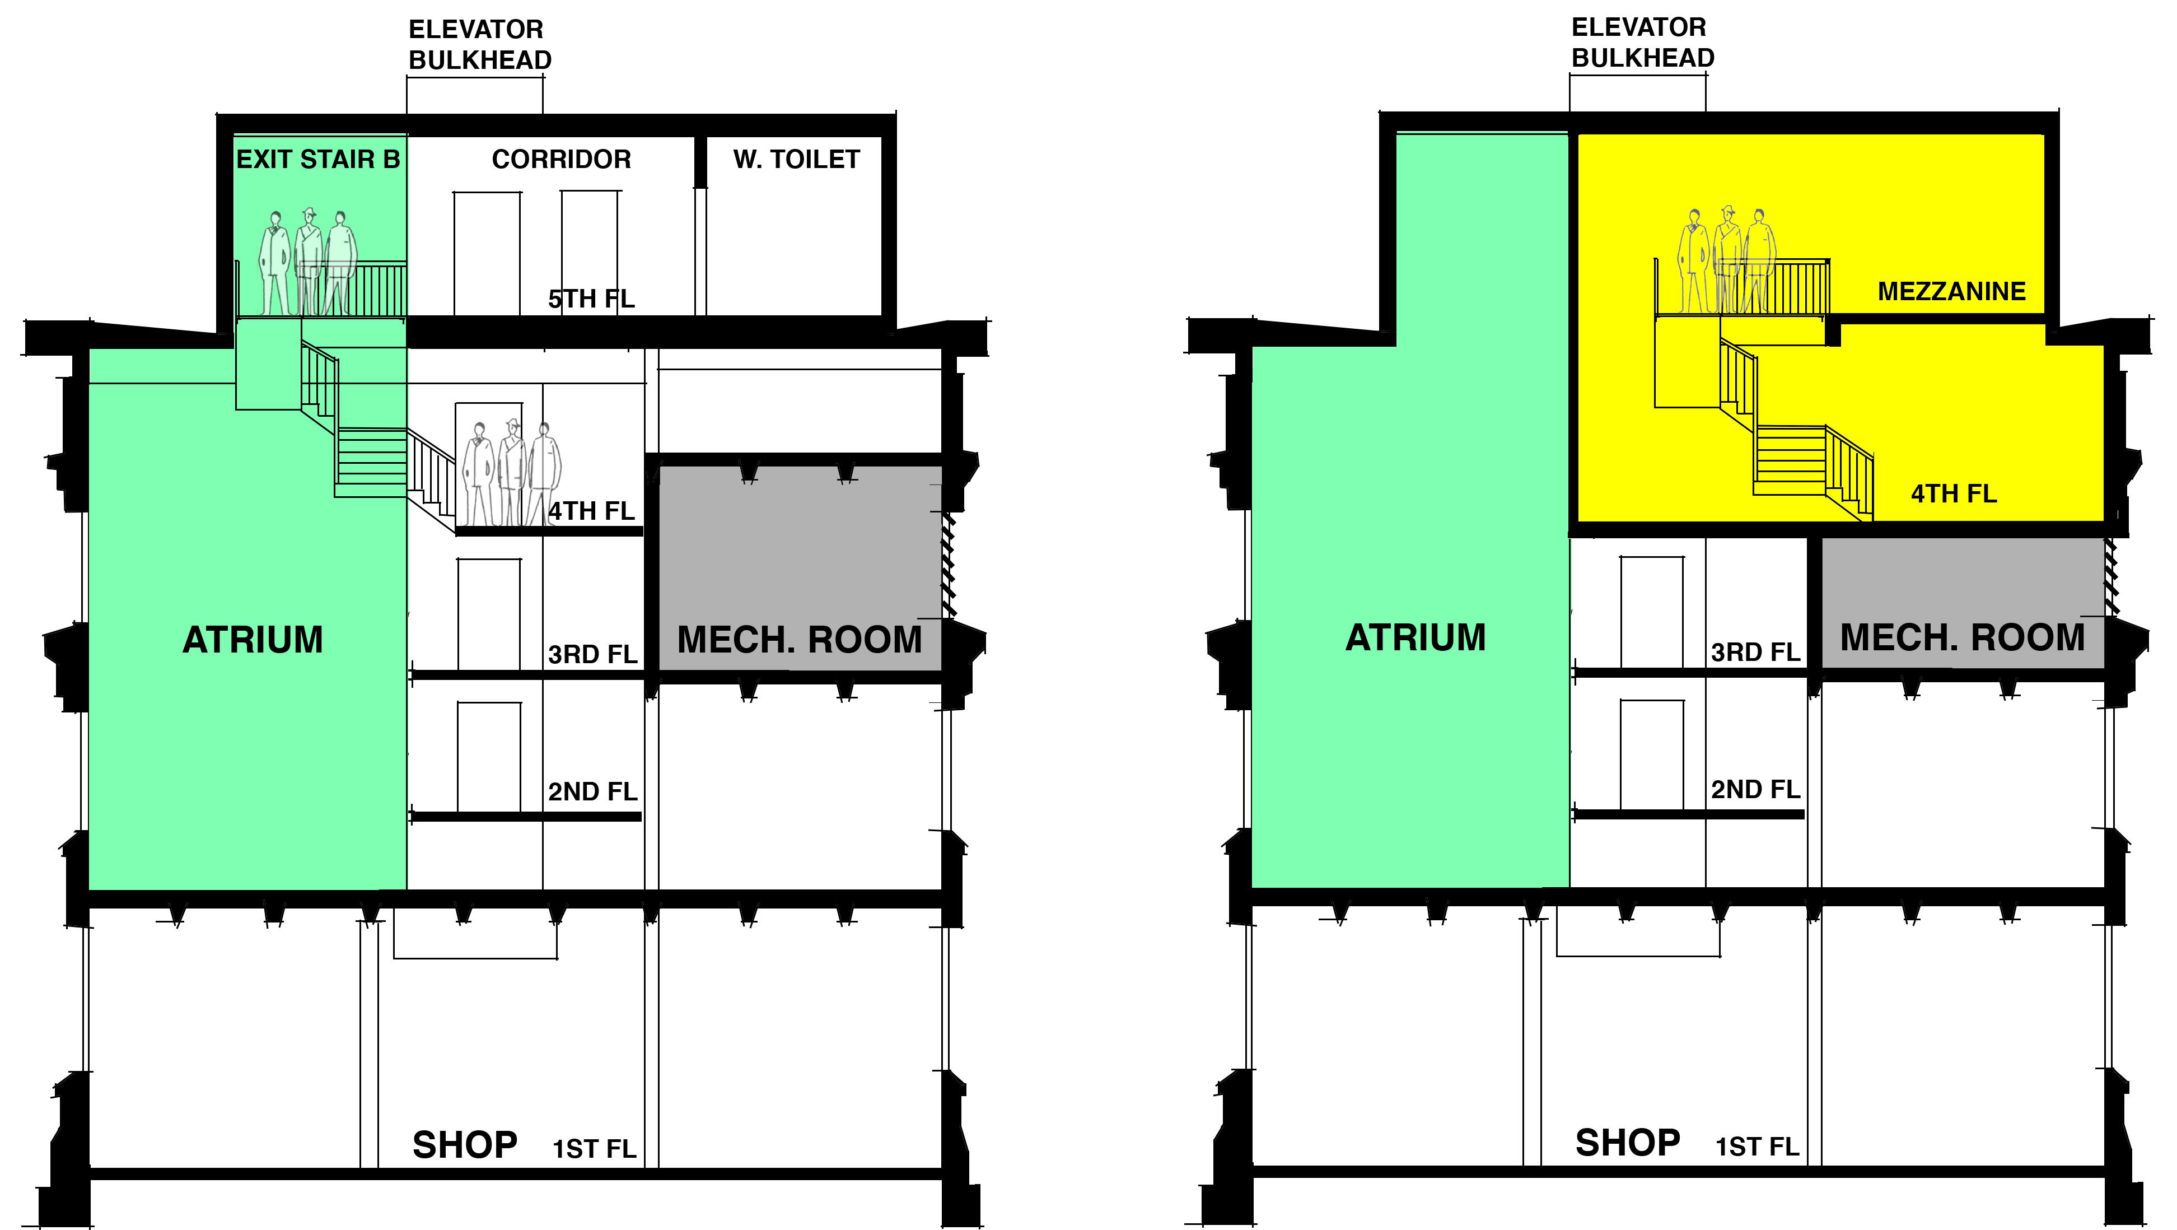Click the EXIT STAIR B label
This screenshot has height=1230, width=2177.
pos(318,159)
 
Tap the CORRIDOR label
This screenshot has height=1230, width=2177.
pos(561,159)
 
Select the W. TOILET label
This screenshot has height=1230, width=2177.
pos(796,159)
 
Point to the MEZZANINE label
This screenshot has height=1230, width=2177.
pos(1951,292)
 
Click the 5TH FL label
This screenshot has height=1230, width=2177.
pos(592,299)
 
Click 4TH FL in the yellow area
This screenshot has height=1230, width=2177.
pos(1954,493)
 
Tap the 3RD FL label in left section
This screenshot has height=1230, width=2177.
pos(592,654)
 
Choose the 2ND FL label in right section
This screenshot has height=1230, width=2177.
pos(1755,790)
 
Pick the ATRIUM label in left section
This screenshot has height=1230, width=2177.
pos(253,640)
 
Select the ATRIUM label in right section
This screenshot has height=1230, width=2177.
pos(1415,637)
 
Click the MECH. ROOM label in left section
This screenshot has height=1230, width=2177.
pos(800,640)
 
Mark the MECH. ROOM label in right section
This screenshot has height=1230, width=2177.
pos(1963,637)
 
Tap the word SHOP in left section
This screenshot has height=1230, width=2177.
pos(465,1145)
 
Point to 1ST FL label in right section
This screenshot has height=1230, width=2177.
pos(1757,1147)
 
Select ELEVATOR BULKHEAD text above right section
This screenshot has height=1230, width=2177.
pos(1643,42)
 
